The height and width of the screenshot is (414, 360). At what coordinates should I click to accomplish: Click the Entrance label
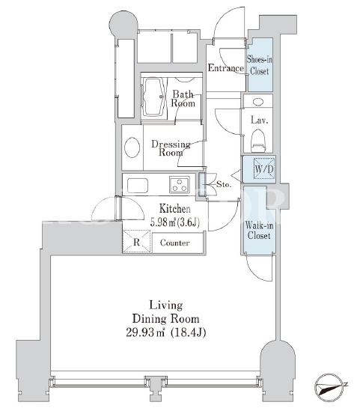226,68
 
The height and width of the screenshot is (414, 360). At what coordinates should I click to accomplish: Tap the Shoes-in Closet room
260,64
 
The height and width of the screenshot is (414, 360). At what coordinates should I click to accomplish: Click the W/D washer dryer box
263,168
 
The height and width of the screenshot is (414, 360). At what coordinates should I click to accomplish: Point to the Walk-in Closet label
259,231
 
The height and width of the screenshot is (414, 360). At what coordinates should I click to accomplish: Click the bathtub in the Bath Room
154,97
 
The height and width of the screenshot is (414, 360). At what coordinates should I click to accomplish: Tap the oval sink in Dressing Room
132,148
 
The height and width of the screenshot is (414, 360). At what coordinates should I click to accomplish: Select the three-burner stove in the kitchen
180,185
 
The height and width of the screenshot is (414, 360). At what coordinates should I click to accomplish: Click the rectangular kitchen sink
138,186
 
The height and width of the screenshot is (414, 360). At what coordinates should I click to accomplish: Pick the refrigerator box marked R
136,241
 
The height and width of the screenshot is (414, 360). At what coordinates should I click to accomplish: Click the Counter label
174,243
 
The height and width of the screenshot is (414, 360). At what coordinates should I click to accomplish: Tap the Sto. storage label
224,184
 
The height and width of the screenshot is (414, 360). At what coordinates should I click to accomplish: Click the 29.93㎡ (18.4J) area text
165,332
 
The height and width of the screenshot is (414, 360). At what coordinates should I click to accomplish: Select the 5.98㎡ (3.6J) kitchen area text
174,222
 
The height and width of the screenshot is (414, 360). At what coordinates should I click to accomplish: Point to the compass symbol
331,386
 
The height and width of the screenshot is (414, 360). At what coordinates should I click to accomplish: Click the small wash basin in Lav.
258,102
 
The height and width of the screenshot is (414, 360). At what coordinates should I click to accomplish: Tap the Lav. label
259,121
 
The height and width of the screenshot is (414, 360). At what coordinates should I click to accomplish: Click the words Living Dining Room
165,312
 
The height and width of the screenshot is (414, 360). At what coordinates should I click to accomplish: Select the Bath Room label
183,98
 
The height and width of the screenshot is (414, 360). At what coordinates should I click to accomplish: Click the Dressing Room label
171,148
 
